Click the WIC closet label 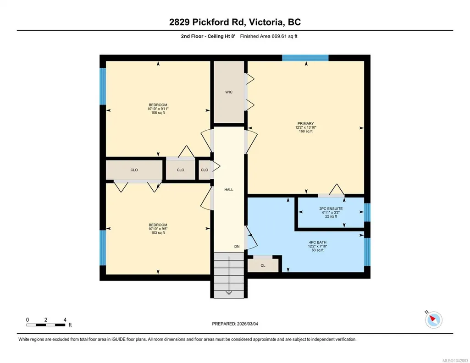coord(229,92)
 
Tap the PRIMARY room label coord(305,123)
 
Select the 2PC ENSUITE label coord(331,209)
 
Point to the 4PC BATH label coord(317,242)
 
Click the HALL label coord(229,190)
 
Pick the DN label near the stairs coord(237,247)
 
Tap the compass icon coord(433,319)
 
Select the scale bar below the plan coord(46,325)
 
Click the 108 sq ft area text coord(158,113)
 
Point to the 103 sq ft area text coord(158,232)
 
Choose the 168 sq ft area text coord(305,131)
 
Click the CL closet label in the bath coord(263,266)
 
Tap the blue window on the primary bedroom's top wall coord(305,58)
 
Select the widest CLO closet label coord(134,170)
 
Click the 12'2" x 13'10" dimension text coord(305,127)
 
